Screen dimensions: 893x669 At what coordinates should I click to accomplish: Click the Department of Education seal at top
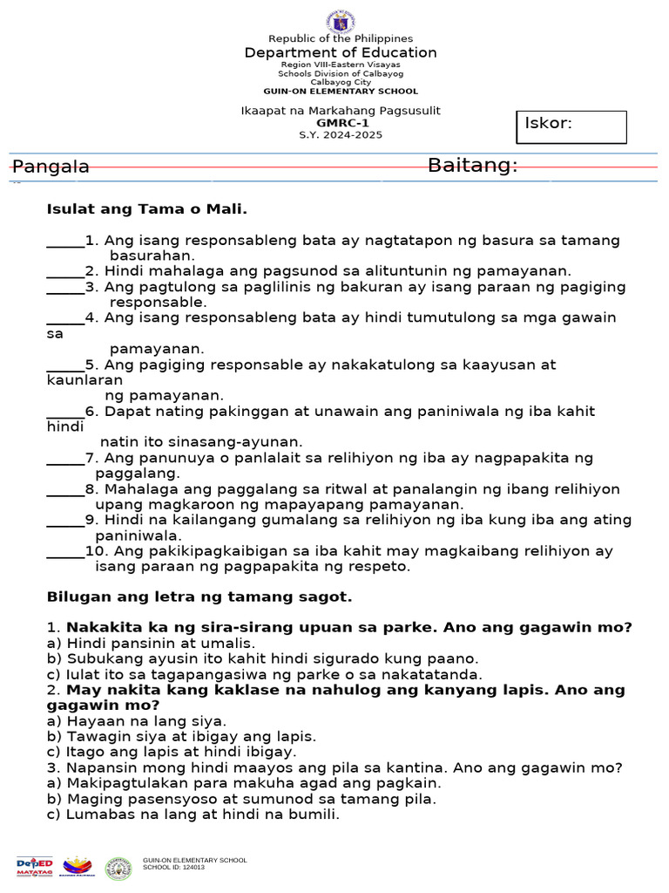[x=340, y=20]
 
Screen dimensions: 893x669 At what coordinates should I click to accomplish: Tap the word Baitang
[x=472, y=166]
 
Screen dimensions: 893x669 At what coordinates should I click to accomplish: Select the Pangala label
[x=51, y=167]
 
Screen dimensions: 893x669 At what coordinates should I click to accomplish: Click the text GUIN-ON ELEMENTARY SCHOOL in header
[x=341, y=92]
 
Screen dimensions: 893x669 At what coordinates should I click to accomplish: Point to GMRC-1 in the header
[x=341, y=123]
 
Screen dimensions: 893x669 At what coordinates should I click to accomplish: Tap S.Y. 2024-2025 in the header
[x=341, y=135]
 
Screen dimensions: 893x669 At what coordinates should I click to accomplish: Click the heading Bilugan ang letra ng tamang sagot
[x=199, y=597]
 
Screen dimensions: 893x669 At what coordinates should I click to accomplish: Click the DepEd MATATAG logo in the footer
[x=35, y=866]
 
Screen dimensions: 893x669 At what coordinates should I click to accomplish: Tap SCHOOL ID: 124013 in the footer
[x=174, y=869]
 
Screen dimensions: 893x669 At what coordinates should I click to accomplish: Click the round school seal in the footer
[x=118, y=868]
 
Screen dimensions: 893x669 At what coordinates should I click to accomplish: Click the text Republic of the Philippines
[x=341, y=39]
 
